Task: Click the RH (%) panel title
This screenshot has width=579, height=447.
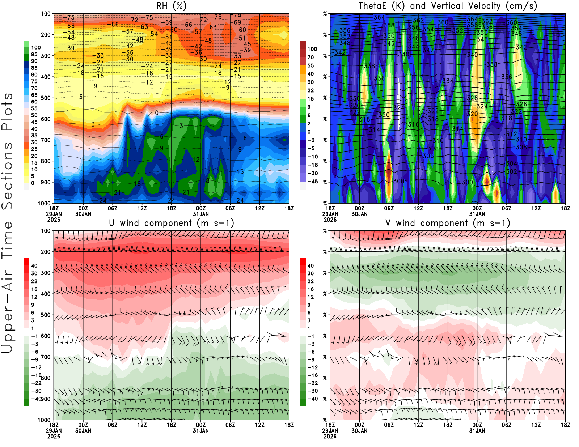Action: pyautogui.click(x=172, y=6)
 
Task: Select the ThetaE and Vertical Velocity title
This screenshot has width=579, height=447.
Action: pyautogui.click(x=448, y=6)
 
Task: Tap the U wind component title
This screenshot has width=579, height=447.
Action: pyautogui.click(x=172, y=223)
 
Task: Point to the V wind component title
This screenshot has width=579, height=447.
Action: pyautogui.click(x=448, y=223)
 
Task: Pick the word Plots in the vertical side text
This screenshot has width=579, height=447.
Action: pyautogui.click(x=7, y=112)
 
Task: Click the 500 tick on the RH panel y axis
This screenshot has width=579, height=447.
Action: pyautogui.click(x=46, y=98)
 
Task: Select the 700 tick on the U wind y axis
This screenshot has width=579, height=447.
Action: pyautogui.click(x=46, y=357)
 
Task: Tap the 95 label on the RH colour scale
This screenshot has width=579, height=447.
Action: pyautogui.click(x=34, y=54)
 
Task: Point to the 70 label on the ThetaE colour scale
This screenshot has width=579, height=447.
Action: pyautogui.click(x=310, y=57)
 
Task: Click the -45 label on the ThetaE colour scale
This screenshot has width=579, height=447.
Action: pyautogui.click(x=312, y=182)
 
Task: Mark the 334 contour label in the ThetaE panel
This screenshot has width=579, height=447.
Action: pyautogui.click(x=448, y=81)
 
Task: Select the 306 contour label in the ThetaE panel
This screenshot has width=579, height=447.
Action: pyautogui.click(x=428, y=156)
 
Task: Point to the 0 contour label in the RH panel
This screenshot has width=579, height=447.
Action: pyautogui.click(x=157, y=113)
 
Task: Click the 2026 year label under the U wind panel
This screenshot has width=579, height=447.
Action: pyautogui.click(x=54, y=436)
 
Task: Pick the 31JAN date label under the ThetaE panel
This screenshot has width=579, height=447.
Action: pyautogui.click(x=477, y=214)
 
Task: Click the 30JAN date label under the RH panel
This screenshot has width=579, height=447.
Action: pyautogui.click(x=83, y=214)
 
